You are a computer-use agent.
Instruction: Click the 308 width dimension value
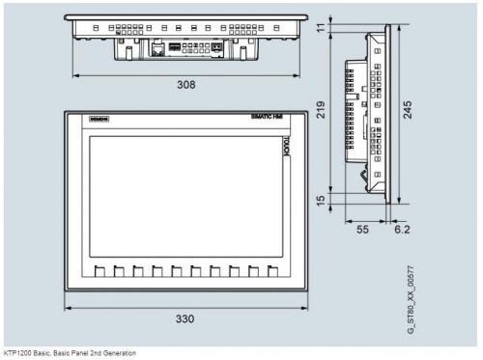(185, 85)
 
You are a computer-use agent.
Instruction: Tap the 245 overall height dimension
(409, 114)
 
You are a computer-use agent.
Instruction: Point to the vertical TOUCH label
(286, 147)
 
